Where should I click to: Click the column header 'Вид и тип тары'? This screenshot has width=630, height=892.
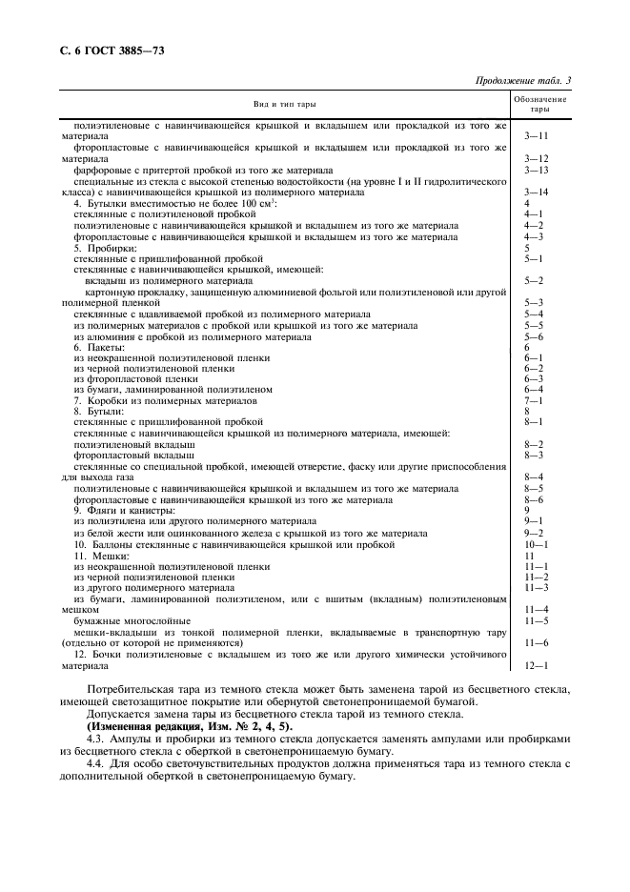point(284,104)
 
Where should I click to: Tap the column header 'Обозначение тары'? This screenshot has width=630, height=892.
point(539,104)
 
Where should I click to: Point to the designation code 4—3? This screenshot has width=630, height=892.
point(534,237)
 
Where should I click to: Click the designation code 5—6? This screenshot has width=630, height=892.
point(534,336)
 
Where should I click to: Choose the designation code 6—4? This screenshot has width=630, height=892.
point(534,389)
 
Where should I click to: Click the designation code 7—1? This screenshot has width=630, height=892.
point(534,400)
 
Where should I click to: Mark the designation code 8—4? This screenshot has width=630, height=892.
point(534,476)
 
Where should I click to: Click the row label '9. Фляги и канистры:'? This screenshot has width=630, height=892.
point(125,510)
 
